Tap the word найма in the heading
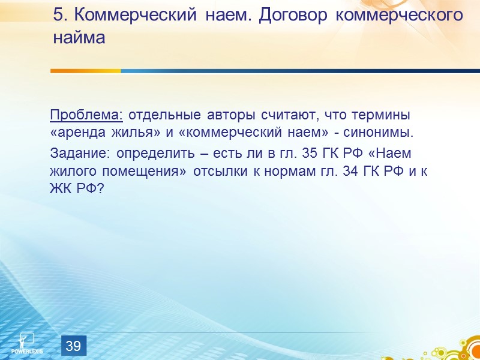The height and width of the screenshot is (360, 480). [x=79, y=38]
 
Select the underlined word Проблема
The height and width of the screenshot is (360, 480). [x=86, y=115]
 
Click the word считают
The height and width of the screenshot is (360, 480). [x=279, y=115]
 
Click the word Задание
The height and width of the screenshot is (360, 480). [x=77, y=154]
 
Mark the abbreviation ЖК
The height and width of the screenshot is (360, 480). [x=61, y=188]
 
